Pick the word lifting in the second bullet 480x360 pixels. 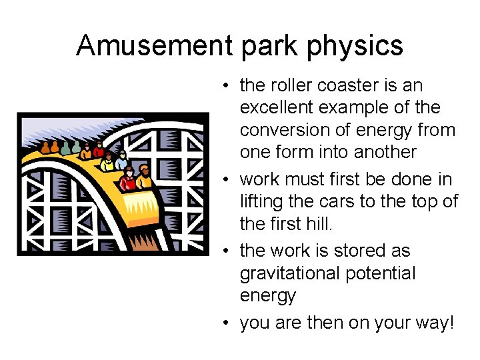259,201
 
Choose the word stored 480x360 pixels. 378,251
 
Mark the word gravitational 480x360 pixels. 293,273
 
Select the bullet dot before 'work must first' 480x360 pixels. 227,180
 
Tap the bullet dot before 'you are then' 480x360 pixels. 227,323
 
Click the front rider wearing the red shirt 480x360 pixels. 128,178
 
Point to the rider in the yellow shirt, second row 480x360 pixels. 107,162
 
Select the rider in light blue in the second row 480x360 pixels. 121,159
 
